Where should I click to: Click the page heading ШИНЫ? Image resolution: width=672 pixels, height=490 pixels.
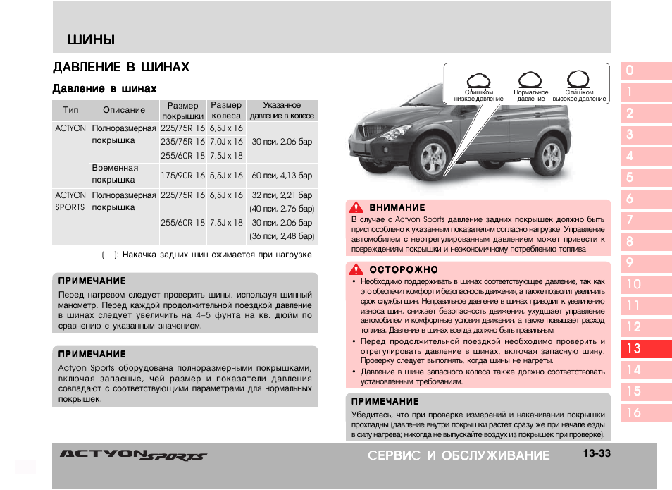[x=91, y=39]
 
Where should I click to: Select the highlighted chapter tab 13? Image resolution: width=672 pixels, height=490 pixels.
[x=645, y=348]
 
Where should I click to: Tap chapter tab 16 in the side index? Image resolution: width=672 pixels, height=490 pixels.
[x=645, y=412]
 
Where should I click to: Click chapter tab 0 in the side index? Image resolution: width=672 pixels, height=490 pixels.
[x=645, y=70]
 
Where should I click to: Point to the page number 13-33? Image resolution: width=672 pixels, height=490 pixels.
[x=596, y=454]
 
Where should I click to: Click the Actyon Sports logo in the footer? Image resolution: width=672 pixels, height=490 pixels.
[x=133, y=455]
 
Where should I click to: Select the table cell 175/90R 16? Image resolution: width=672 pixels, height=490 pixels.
[x=182, y=175]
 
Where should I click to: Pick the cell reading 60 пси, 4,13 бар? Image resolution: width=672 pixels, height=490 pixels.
[x=282, y=175]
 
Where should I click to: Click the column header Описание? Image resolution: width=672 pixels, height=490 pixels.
[x=124, y=110]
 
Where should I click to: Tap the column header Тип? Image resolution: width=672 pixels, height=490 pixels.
[x=70, y=110]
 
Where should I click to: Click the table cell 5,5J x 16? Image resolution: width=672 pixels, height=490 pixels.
[x=226, y=175]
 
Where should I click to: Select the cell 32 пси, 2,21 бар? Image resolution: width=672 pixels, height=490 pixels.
[x=282, y=195]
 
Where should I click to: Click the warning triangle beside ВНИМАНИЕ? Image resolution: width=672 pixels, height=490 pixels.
[x=357, y=207]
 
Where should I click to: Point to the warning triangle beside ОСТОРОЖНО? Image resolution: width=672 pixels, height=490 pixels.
[x=357, y=269]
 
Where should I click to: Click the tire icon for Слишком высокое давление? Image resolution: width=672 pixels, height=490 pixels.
[x=578, y=79]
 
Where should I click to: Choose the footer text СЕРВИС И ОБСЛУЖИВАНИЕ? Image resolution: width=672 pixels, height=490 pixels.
[x=459, y=455]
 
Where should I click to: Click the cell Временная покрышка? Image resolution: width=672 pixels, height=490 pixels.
[x=115, y=174]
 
